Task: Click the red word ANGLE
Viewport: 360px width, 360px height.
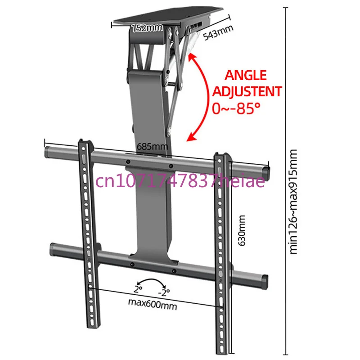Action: (246, 75)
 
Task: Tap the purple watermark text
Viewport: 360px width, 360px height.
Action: (180, 180)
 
